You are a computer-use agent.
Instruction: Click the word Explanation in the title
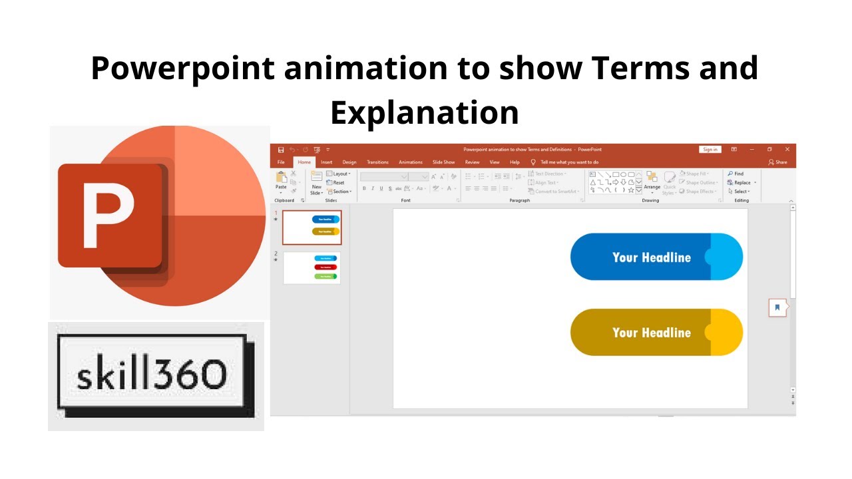click(x=425, y=112)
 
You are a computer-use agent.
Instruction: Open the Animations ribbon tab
click(x=410, y=162)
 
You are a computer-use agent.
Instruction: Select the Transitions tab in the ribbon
click(x=377, y=162)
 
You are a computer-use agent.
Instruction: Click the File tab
click(x=281, y=162)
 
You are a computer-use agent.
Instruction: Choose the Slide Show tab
click(x=443, y=162)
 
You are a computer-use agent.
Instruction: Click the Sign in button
click(x=710, y=150)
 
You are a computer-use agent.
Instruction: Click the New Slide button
click(x=316, y=182)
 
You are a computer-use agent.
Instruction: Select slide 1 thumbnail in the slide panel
click(x=312, y=228)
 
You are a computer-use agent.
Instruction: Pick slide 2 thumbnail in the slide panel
click(x=312, y=267)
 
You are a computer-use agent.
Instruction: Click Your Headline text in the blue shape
click(x=651, y=257)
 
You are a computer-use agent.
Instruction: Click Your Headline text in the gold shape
click(x=651, y=333)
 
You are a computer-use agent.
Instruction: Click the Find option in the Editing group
click(x=736, y=174)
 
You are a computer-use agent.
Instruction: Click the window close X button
click(x=787, y=150)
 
